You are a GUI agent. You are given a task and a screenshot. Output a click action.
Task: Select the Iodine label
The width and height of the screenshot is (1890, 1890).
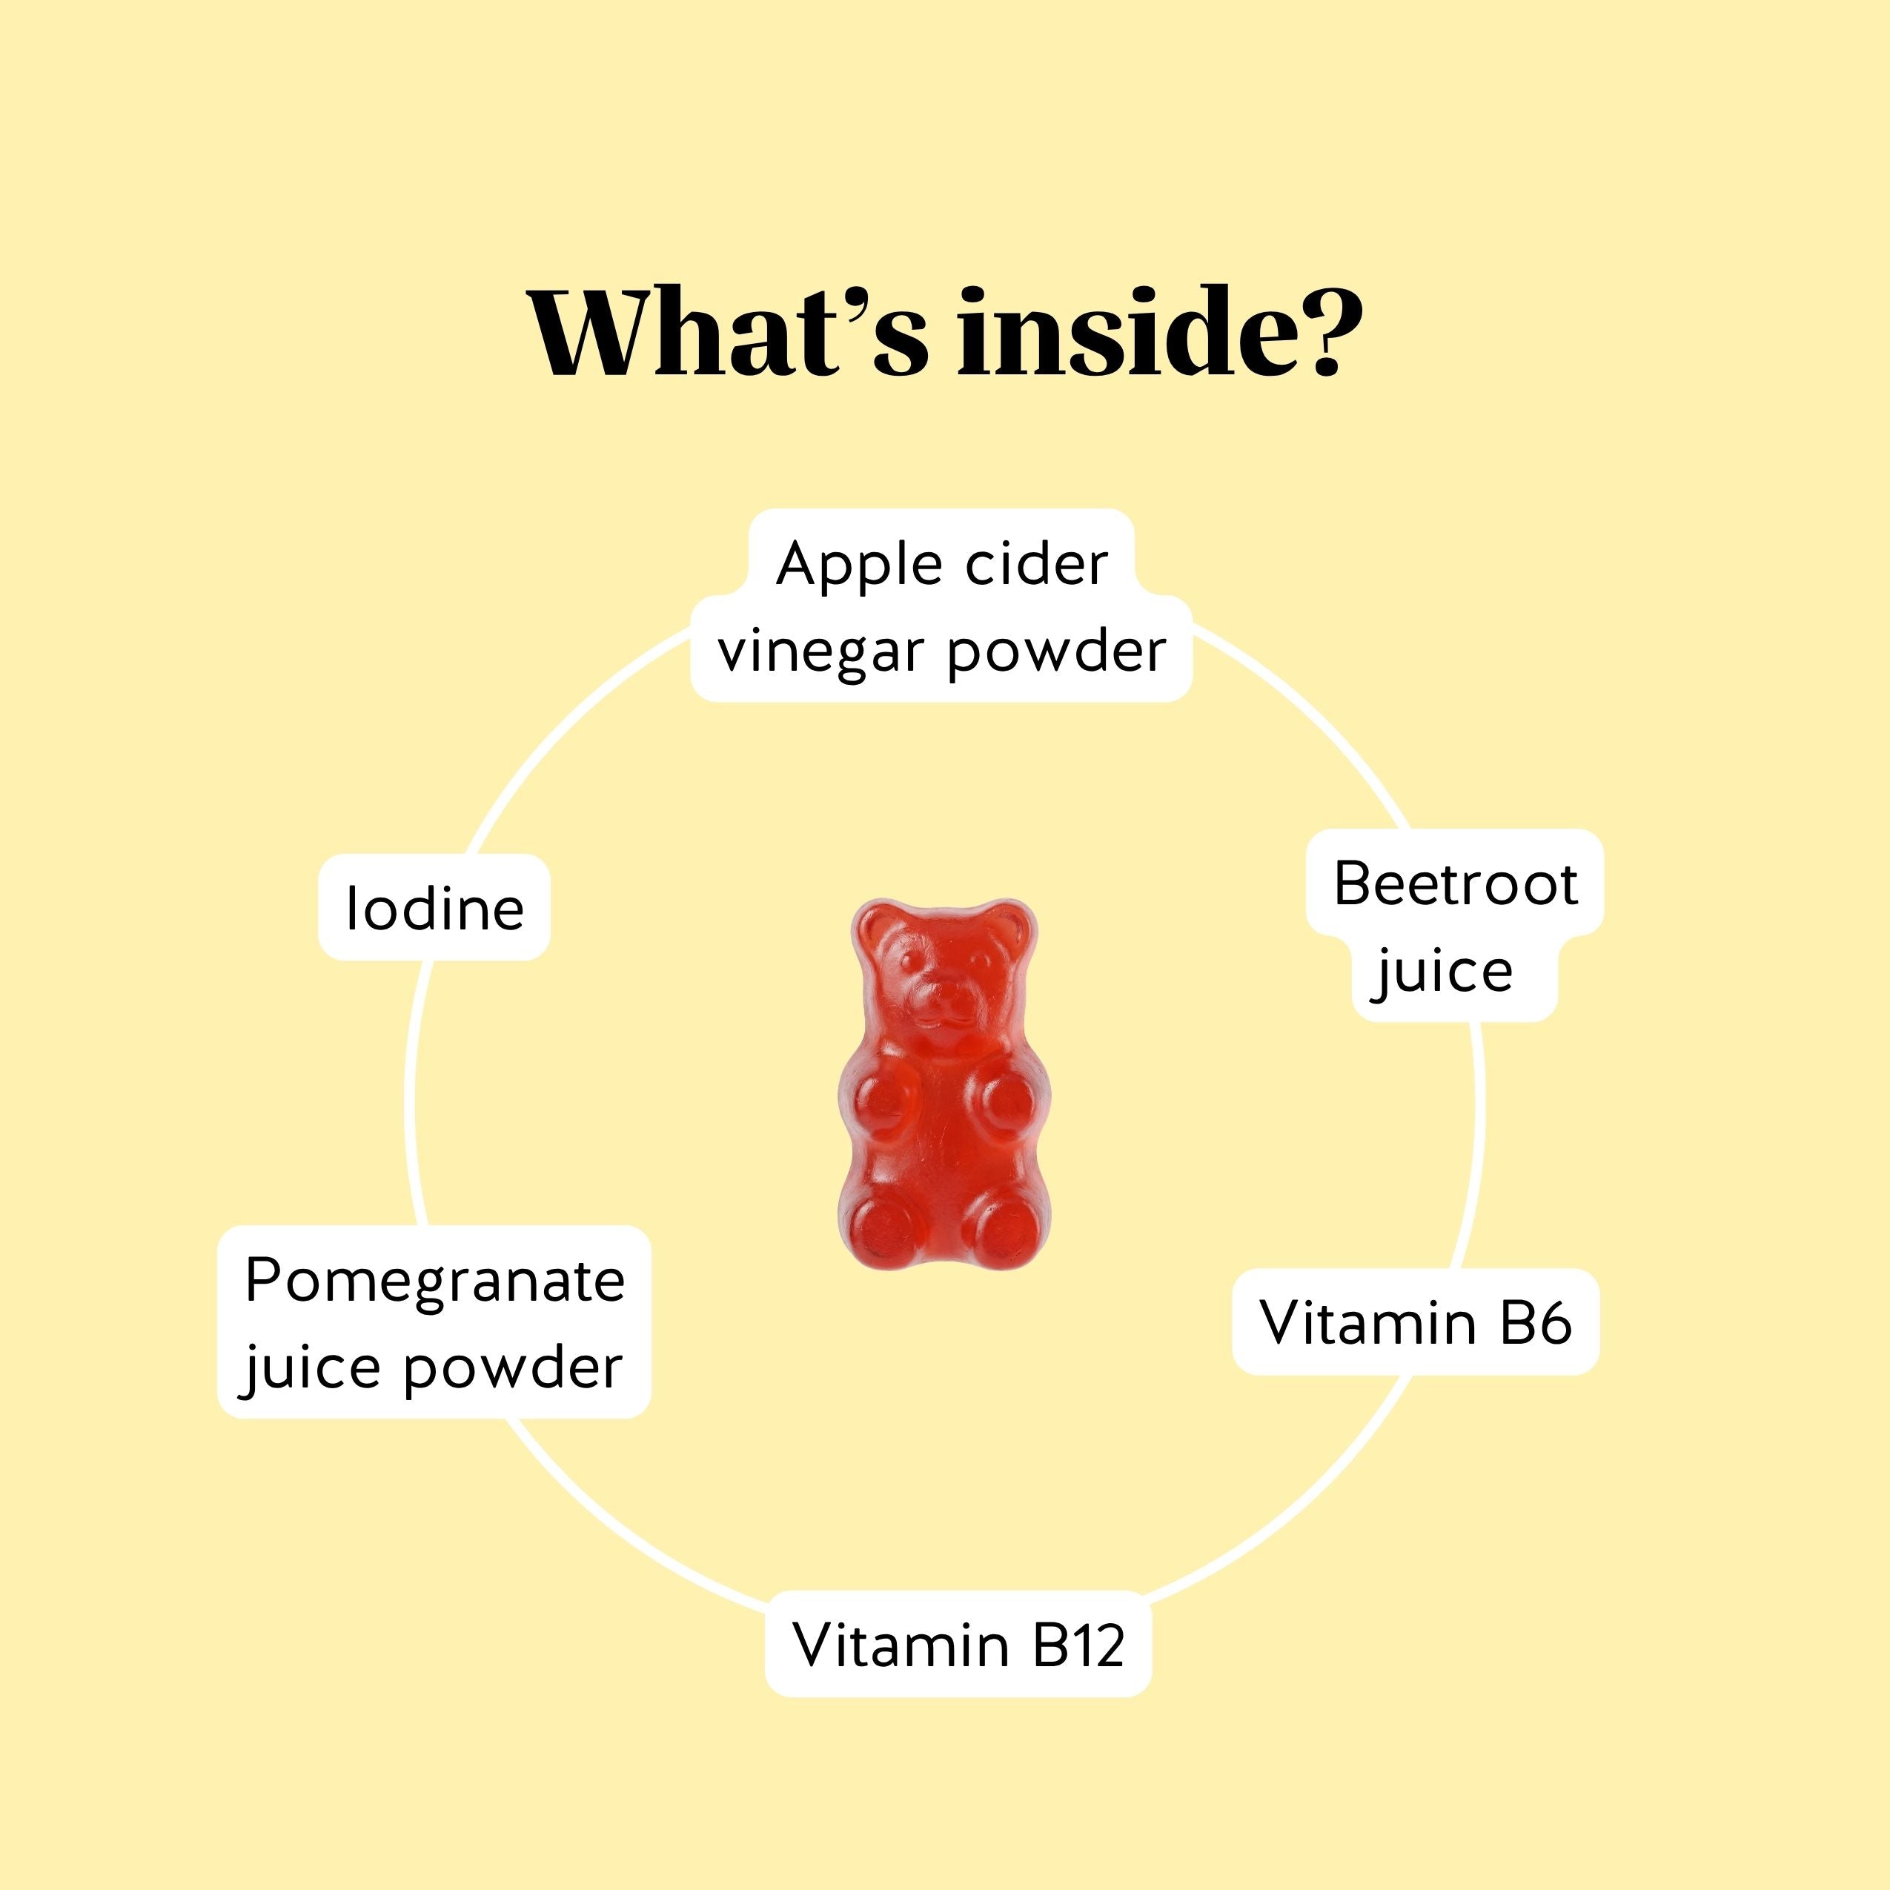tap(434, 907)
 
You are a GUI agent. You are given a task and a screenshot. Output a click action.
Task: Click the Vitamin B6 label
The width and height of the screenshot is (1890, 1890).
tap(1416, 1322)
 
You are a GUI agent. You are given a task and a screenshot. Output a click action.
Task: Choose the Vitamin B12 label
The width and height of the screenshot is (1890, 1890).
tap(958, 1643)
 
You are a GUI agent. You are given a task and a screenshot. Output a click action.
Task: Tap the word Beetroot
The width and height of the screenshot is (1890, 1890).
tap(1456, 884)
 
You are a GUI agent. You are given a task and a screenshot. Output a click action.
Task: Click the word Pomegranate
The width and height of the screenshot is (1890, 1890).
tap(434, 1281)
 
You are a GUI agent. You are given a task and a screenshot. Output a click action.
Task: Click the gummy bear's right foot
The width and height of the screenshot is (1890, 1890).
tap(1003, 1227)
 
